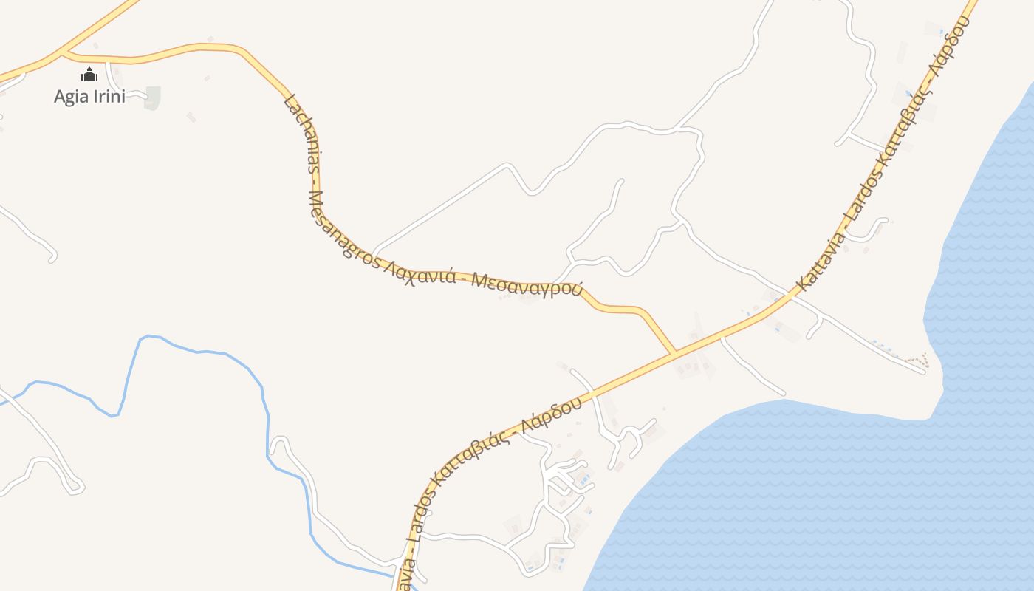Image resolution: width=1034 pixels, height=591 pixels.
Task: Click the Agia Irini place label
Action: pyautogui.click(x=89, y=96)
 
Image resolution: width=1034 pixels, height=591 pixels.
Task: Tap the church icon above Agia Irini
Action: pyautogui.click(x=89, y=75)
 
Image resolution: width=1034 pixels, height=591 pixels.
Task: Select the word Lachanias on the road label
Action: pyautogui.click(x=301, y=133)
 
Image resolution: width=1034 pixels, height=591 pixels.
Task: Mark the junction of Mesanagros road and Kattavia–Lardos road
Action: pyautogui.click(x=674, y=352)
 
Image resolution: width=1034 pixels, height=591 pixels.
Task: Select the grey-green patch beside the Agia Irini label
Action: pyautogui.click(x=152, y=97)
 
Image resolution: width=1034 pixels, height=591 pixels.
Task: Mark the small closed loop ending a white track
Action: pyautogui.click(x=75, y=487)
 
